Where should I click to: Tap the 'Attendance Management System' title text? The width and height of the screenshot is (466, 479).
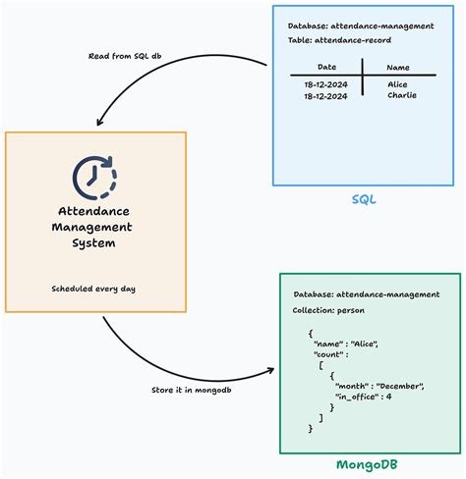[94, 228]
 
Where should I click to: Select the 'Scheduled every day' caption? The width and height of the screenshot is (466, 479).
[94, 290]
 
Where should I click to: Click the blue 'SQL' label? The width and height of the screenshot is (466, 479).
[365, 199]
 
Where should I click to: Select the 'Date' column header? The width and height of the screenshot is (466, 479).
[327, 67]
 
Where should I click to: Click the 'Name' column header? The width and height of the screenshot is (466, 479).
[398, 67]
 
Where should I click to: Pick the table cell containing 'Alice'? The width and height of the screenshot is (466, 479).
[398, 84]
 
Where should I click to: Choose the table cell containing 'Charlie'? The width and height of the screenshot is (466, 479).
[402, 95]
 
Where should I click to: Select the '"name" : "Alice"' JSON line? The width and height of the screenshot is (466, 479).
[346, 343]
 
